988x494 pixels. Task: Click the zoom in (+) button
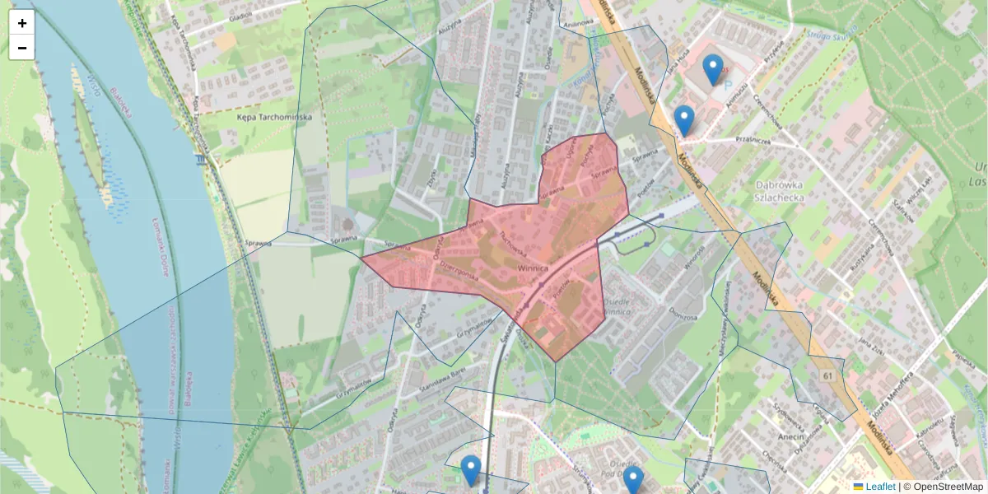tap(22, 23)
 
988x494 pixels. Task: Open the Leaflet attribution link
tap(880, 487)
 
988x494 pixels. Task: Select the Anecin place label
tap(787, 438)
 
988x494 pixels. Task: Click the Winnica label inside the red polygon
tap(533, 268)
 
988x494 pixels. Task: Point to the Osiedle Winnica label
tap(617, 306)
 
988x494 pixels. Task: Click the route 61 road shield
tap(827, 375)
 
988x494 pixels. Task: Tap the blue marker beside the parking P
tap(713, 69)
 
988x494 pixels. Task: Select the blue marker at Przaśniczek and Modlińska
tap(683, 120)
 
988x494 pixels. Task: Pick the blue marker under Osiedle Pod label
tap(632, 480)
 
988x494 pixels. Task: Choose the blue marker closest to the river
tap(470, 470)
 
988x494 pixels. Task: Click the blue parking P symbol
tap(726, 83)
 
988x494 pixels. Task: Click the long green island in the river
tap(91, 140)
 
